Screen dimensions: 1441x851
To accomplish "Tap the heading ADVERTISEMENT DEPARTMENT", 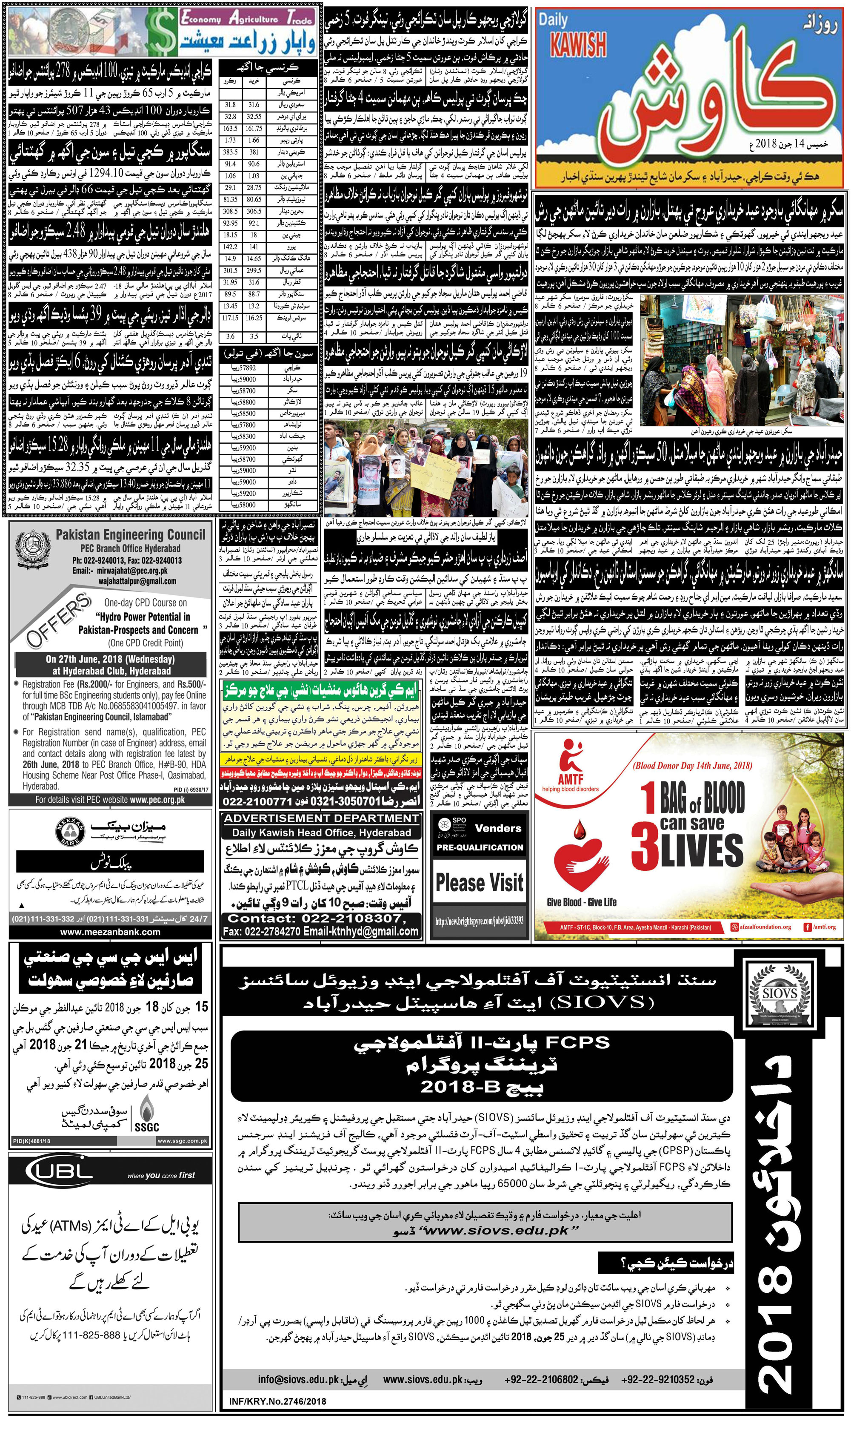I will [x=321, y=818].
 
